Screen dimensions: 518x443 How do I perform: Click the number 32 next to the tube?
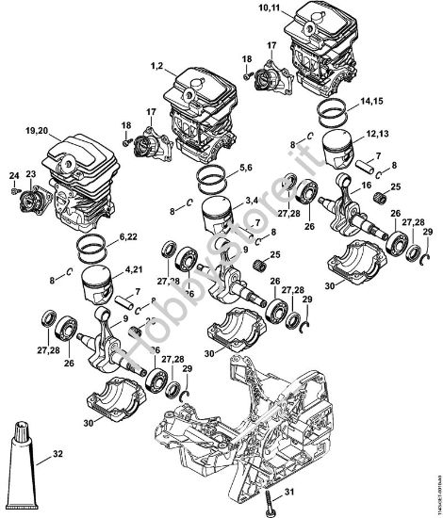coord(57,454)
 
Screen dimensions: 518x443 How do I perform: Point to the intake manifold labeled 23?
coord(39,202)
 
